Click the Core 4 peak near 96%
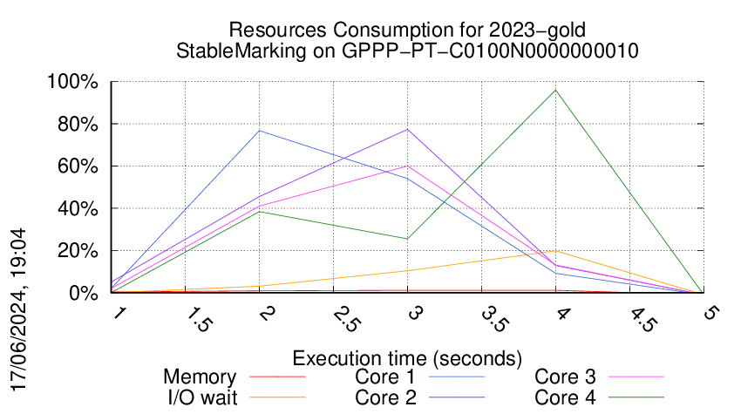click(555, 90)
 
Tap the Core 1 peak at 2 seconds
click(260, 131)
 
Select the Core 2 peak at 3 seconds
click(407, 129)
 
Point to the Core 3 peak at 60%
click(407, 166)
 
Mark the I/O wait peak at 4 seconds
click(555, 251)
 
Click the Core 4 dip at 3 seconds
click(407, 239)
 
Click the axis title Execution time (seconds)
click(407, 357)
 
